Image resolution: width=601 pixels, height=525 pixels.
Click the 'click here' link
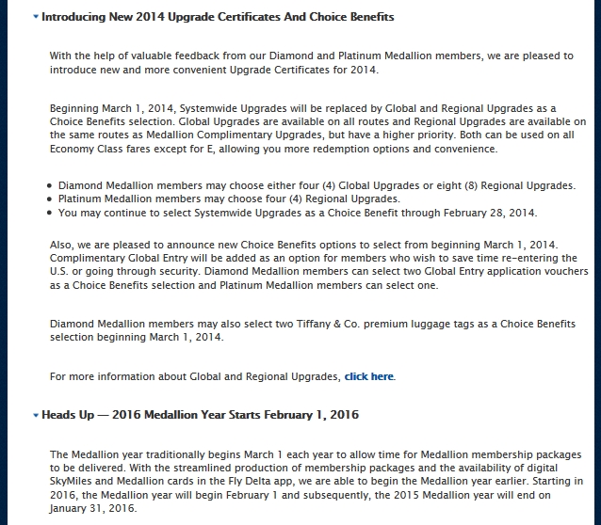369,377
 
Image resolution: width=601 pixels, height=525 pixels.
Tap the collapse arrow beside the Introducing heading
36,18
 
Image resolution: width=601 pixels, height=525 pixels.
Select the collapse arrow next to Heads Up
36,415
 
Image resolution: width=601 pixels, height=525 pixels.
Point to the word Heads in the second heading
60,415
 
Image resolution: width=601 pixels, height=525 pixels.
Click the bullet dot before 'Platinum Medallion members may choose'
49,199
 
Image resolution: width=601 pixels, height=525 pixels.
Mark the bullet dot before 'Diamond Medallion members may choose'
49,186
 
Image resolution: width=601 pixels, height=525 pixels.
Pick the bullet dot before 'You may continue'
49,214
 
